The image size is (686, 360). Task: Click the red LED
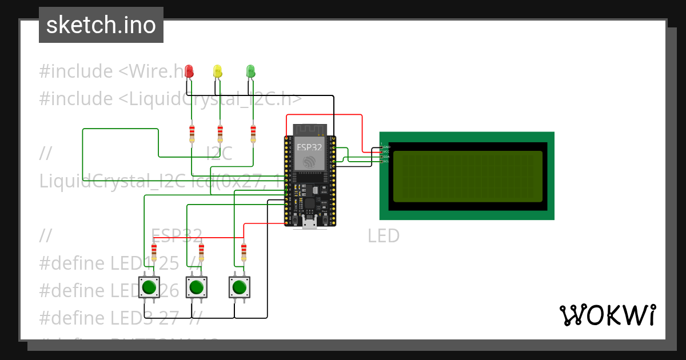click(189, 71)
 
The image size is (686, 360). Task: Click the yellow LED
click(217, 71)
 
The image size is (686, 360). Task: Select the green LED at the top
click(250, 71)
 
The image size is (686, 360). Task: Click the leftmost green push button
click(150, 287)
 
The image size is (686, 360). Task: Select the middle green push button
click(196, 287)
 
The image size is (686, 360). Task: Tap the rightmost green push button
click(240, 287)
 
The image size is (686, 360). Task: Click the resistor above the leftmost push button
click(154, 251)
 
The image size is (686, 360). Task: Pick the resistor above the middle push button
click(201, 251)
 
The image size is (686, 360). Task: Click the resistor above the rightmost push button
click(244, 251)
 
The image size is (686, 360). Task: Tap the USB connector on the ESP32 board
click(310, 223)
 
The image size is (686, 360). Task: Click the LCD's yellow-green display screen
click(468, 176)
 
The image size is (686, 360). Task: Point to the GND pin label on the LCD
click(386, 147)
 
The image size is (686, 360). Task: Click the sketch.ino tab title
click(101, 25)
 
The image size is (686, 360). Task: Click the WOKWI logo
click(607, 315)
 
